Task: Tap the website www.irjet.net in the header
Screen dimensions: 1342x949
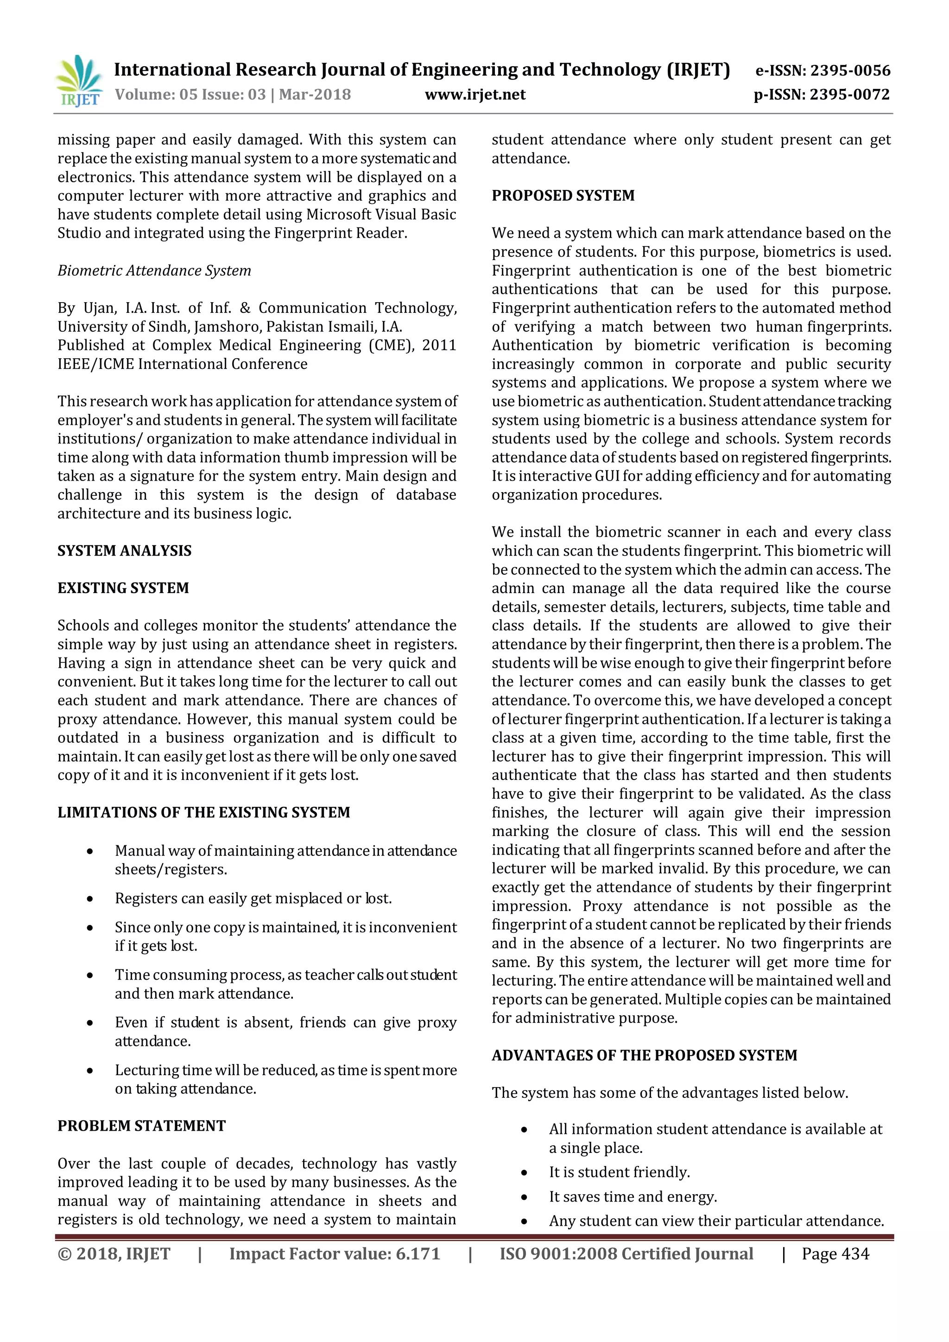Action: [474, 95]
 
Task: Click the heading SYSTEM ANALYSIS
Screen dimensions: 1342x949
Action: [125, 551]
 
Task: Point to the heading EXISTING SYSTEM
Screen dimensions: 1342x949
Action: [123, 588]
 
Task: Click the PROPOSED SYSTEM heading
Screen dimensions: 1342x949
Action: [563, 196]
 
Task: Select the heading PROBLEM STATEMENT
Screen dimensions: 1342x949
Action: [141, 1126]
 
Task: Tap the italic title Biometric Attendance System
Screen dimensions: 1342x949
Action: [154, 271]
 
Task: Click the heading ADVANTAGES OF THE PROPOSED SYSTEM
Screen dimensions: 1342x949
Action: [644, 1056]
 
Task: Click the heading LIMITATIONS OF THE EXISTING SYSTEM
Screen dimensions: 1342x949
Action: [203, 812]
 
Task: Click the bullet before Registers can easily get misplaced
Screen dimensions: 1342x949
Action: [89, 899]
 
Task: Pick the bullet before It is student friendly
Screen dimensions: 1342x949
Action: [524, 1173]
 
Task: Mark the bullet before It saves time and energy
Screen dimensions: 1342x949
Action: [524, 1197]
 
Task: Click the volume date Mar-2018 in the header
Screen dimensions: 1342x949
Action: [315, 95]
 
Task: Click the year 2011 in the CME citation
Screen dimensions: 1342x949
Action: [439, 345]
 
